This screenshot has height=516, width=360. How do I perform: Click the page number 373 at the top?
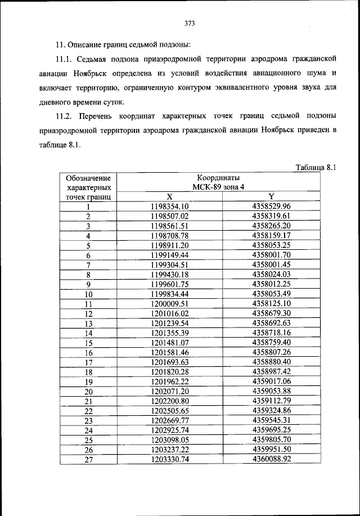189,23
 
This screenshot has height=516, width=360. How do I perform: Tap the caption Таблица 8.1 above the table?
315,167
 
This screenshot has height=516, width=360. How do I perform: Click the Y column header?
271,196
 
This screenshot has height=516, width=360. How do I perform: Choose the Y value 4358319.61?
271,216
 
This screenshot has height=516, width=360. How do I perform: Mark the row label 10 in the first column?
88,294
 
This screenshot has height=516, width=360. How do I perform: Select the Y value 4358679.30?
271,313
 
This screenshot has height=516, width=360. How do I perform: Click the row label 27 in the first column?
88,460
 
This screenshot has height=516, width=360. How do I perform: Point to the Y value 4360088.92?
271,460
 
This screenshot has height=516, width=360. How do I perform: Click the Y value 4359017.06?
271,382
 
